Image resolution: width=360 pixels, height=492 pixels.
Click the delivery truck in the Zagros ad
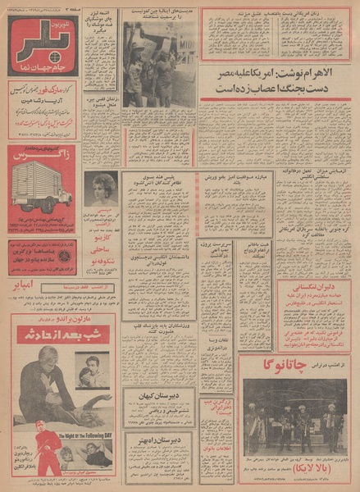(x=37, y=186)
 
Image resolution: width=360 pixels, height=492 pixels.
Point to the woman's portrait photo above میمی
(x=100, y=188)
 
